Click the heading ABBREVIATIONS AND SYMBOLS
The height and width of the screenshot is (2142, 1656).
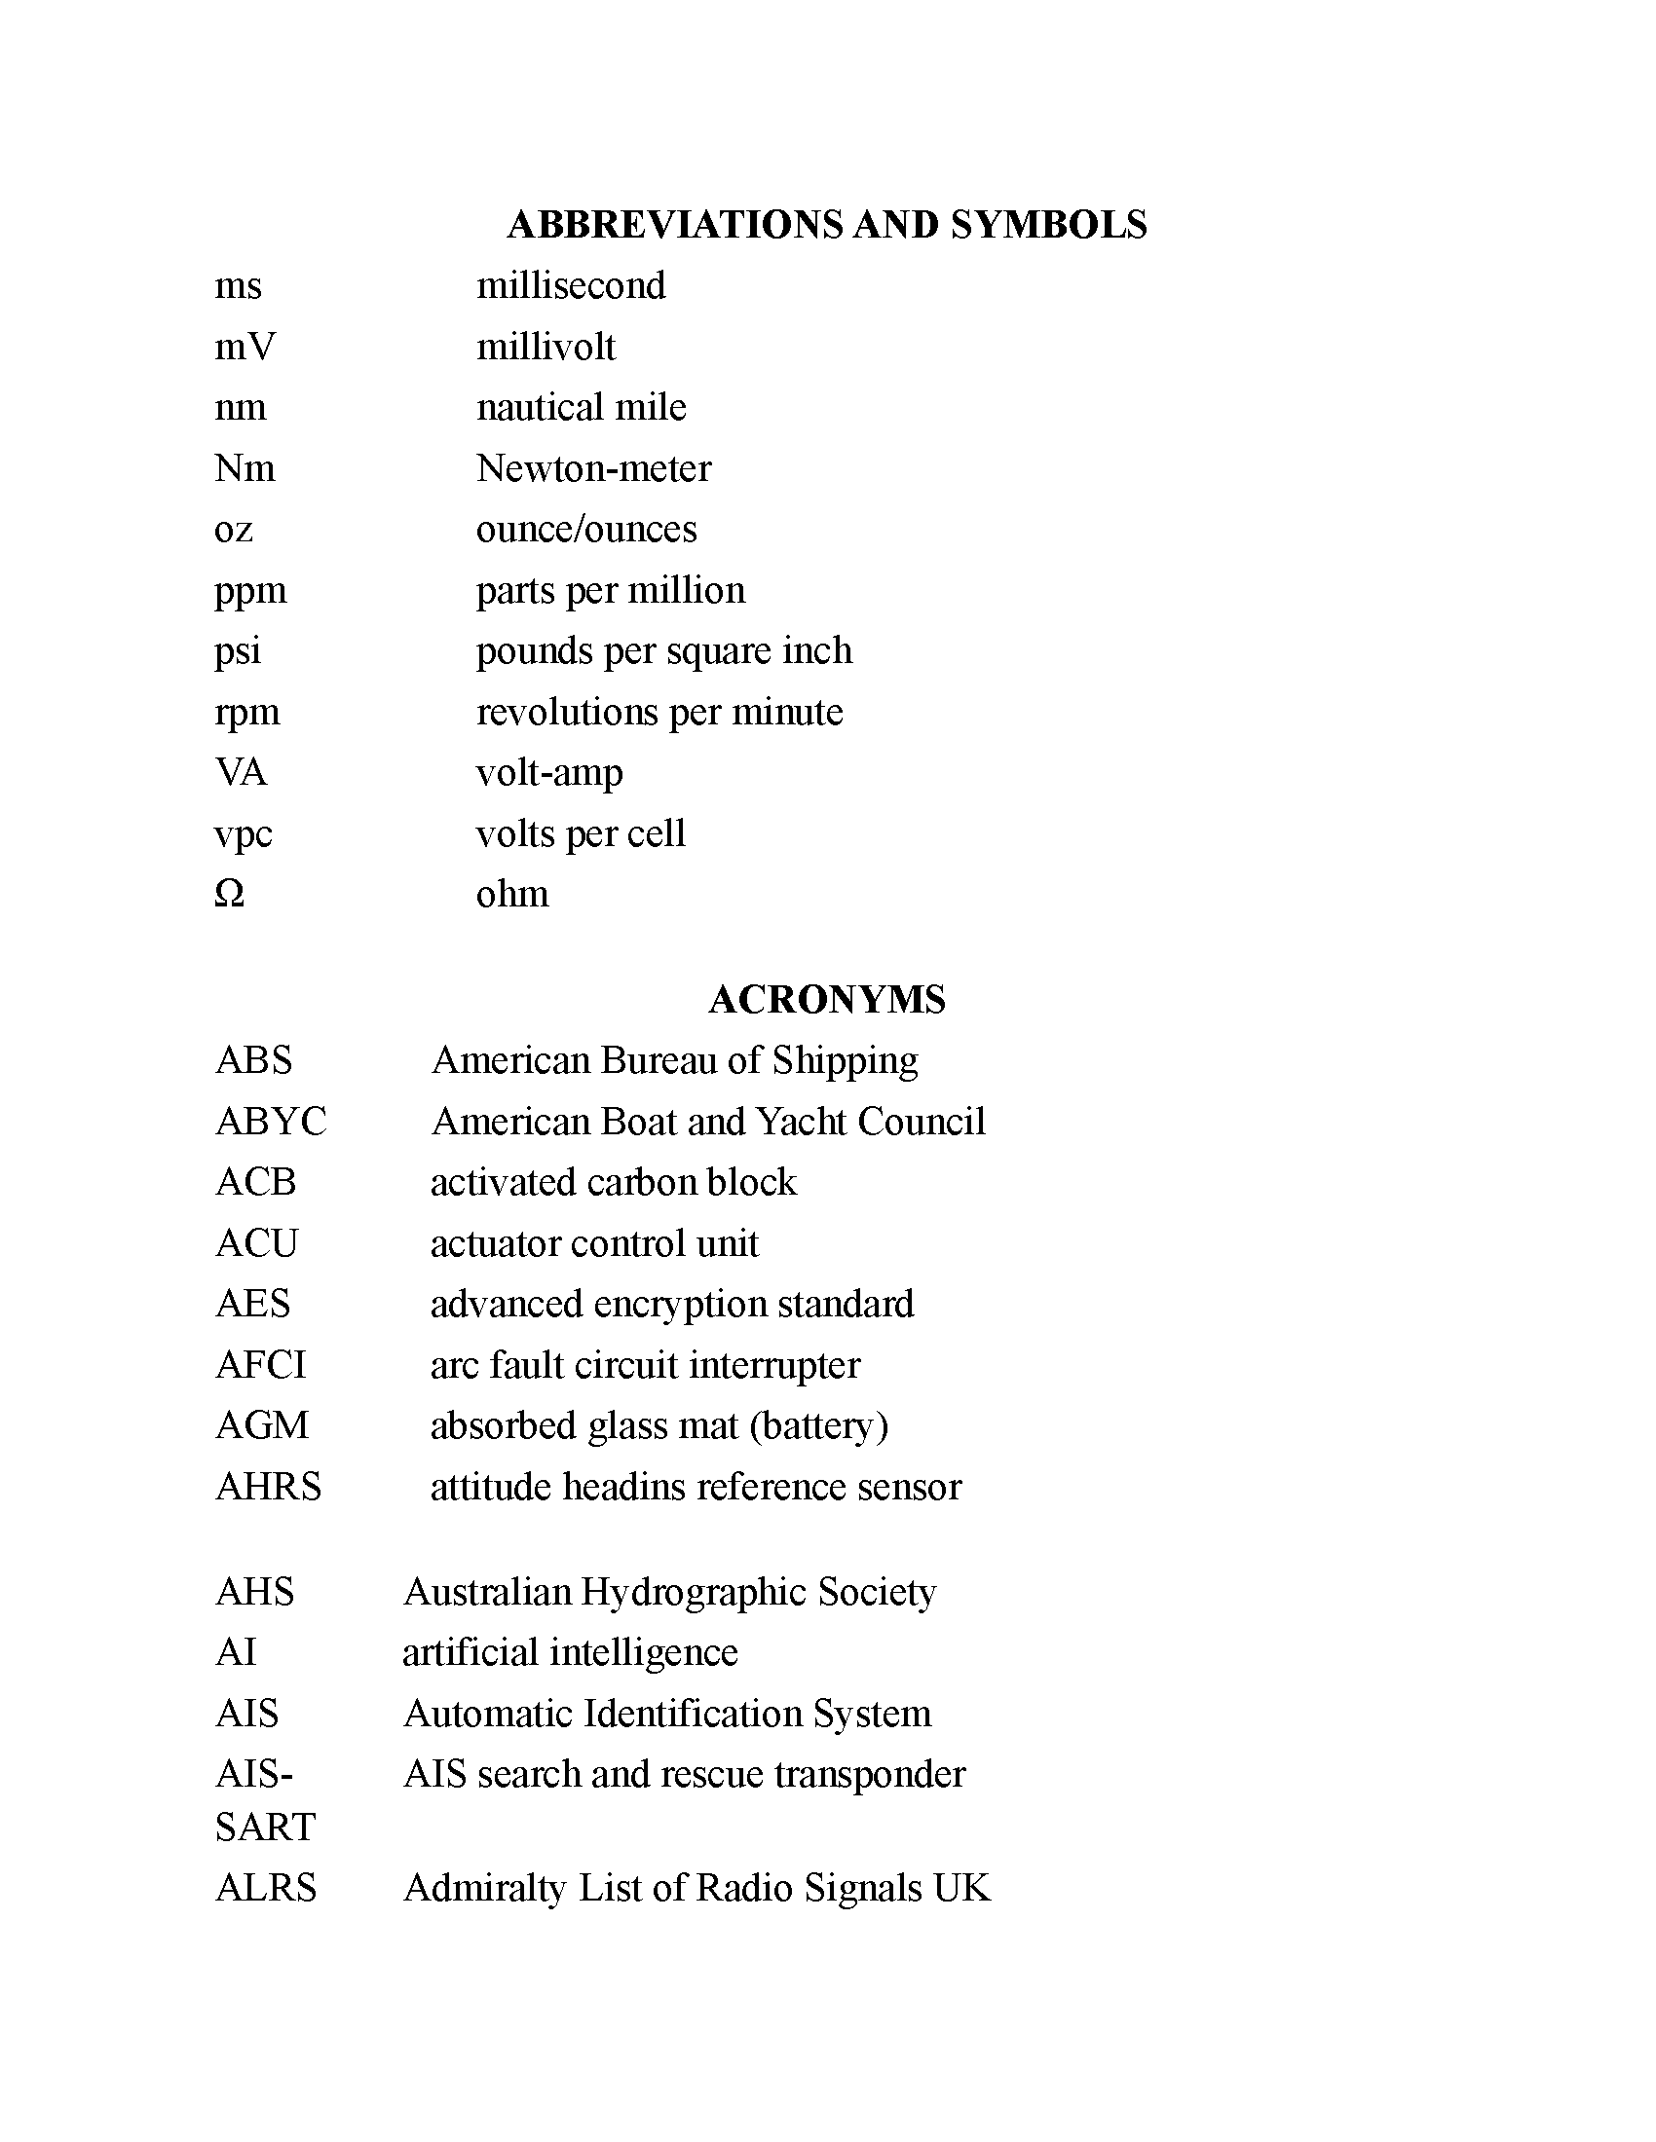[826, 225]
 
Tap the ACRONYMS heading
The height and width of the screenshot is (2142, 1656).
[826, 999]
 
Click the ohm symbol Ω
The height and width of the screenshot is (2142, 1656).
[229, 894]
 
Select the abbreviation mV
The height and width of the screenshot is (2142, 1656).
[245, 348]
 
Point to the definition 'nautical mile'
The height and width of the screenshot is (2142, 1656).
[581, 407]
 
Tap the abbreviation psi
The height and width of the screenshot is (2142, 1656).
[238, 651]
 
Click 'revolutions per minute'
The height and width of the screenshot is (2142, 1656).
[659, 712]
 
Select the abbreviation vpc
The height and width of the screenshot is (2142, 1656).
[244, 833]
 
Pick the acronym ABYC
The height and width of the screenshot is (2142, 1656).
[271, 1121]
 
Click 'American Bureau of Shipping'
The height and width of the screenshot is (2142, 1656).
[675, 1060]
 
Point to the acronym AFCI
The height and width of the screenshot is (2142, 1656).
[261, 1364]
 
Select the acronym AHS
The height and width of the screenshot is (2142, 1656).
[254, 1591]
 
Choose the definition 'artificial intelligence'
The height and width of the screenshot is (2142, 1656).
[570, 1651]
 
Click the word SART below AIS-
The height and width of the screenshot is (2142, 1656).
[265, 1827]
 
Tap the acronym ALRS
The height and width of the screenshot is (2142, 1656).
[266, 1888]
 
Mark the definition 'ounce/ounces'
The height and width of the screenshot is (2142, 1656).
[586, 530]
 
